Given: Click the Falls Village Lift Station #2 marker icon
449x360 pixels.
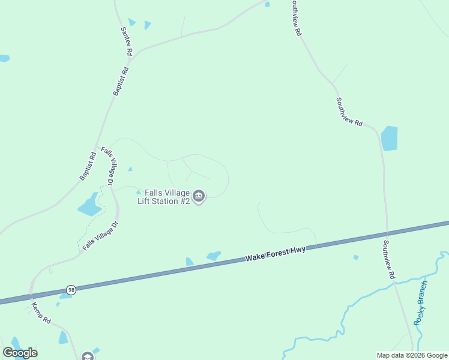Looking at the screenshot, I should [x=199, y=196].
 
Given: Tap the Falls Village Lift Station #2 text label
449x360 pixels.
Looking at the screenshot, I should [x=160, y=197].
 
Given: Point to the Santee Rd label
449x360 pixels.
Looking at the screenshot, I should [x=126, y=41].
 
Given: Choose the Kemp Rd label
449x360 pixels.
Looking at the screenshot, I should [x=41, y=313].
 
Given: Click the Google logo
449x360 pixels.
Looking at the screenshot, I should [x=20, y=353].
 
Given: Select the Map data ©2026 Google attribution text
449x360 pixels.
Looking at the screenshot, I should [x=412, y=355].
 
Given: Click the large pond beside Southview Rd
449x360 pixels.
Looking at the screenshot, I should [x=389, y=138].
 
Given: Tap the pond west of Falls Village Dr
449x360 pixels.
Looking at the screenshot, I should [x=90, y=206].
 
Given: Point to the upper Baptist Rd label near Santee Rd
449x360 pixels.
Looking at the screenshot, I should [x=121, y=81].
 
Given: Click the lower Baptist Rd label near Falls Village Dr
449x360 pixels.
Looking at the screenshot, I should [x=88, y=166].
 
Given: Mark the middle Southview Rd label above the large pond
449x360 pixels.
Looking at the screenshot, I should [x=349, y=112].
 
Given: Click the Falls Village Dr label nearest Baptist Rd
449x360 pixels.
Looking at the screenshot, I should [x=107, y=165].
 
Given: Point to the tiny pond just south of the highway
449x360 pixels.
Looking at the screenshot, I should [x=356, y=257].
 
